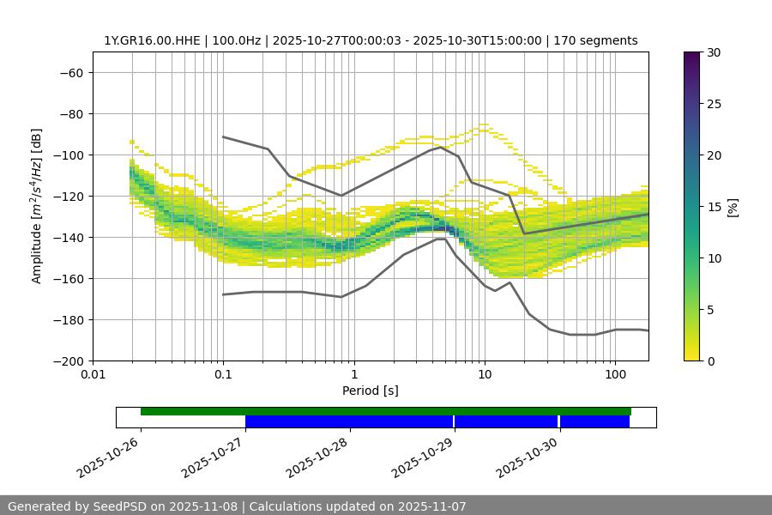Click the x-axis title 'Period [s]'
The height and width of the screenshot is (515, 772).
tap(370, 391)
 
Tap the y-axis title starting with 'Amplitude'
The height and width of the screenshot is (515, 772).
tap(37, 206)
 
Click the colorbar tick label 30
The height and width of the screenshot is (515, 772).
tap(713, 52)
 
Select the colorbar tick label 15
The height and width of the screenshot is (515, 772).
tap(713, 207)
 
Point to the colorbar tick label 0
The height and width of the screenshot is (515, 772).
tap(709, 361)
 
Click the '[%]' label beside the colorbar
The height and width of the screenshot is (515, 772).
tap(733, 207)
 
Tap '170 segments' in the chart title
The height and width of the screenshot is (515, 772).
tap(595, 40)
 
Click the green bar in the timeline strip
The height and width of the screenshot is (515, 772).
tap(386, 411)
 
